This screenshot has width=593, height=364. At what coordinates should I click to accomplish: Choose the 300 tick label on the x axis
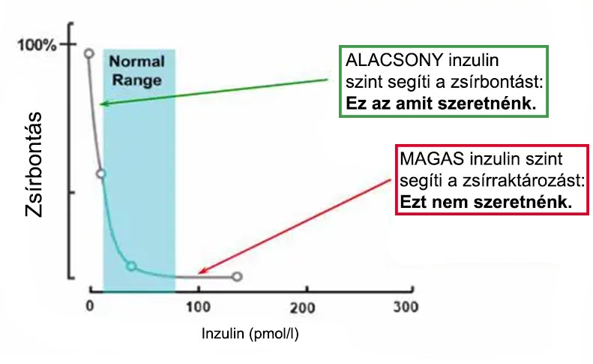406,308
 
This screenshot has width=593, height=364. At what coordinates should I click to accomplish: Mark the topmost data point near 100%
88,53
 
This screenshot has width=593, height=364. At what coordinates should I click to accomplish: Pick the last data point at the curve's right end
237,277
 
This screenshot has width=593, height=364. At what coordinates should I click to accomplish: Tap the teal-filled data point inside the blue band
130,266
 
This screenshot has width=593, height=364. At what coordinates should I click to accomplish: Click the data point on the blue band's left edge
101,173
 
